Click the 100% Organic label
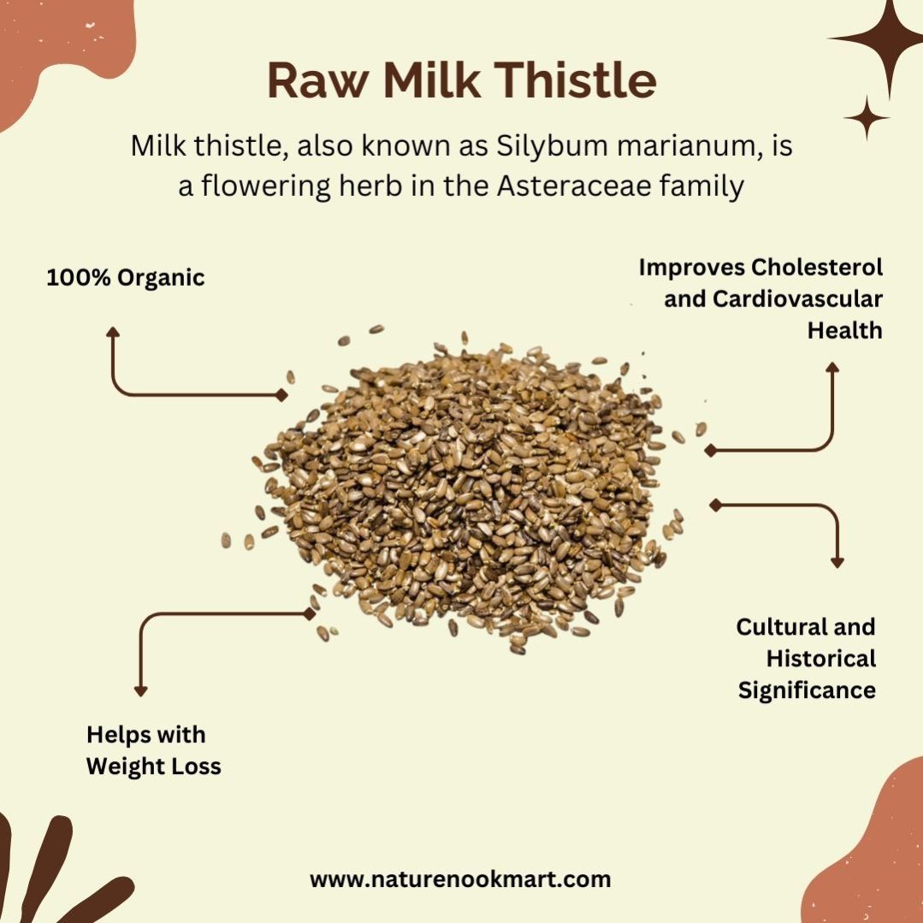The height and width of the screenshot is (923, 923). click(126, 278)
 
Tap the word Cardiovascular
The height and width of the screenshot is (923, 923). click(797, 299)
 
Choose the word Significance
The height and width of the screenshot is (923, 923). click(807, 689)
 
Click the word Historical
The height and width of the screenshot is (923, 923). click(821, 658)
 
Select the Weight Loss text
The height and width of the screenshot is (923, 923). click(154, 766)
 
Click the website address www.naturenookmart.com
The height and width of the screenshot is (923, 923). click(460, 880)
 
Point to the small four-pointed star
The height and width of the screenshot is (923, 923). click(867, 118)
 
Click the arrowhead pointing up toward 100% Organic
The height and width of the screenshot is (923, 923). click(113, 332)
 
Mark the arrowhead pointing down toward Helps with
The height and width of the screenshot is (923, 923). click(140, 691)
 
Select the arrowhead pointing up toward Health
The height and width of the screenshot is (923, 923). click(831, 367)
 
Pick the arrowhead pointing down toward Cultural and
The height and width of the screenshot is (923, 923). click(837, 562)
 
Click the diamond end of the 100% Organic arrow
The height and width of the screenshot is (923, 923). click(282, 395)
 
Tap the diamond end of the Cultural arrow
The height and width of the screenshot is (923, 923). click(716, 505)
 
